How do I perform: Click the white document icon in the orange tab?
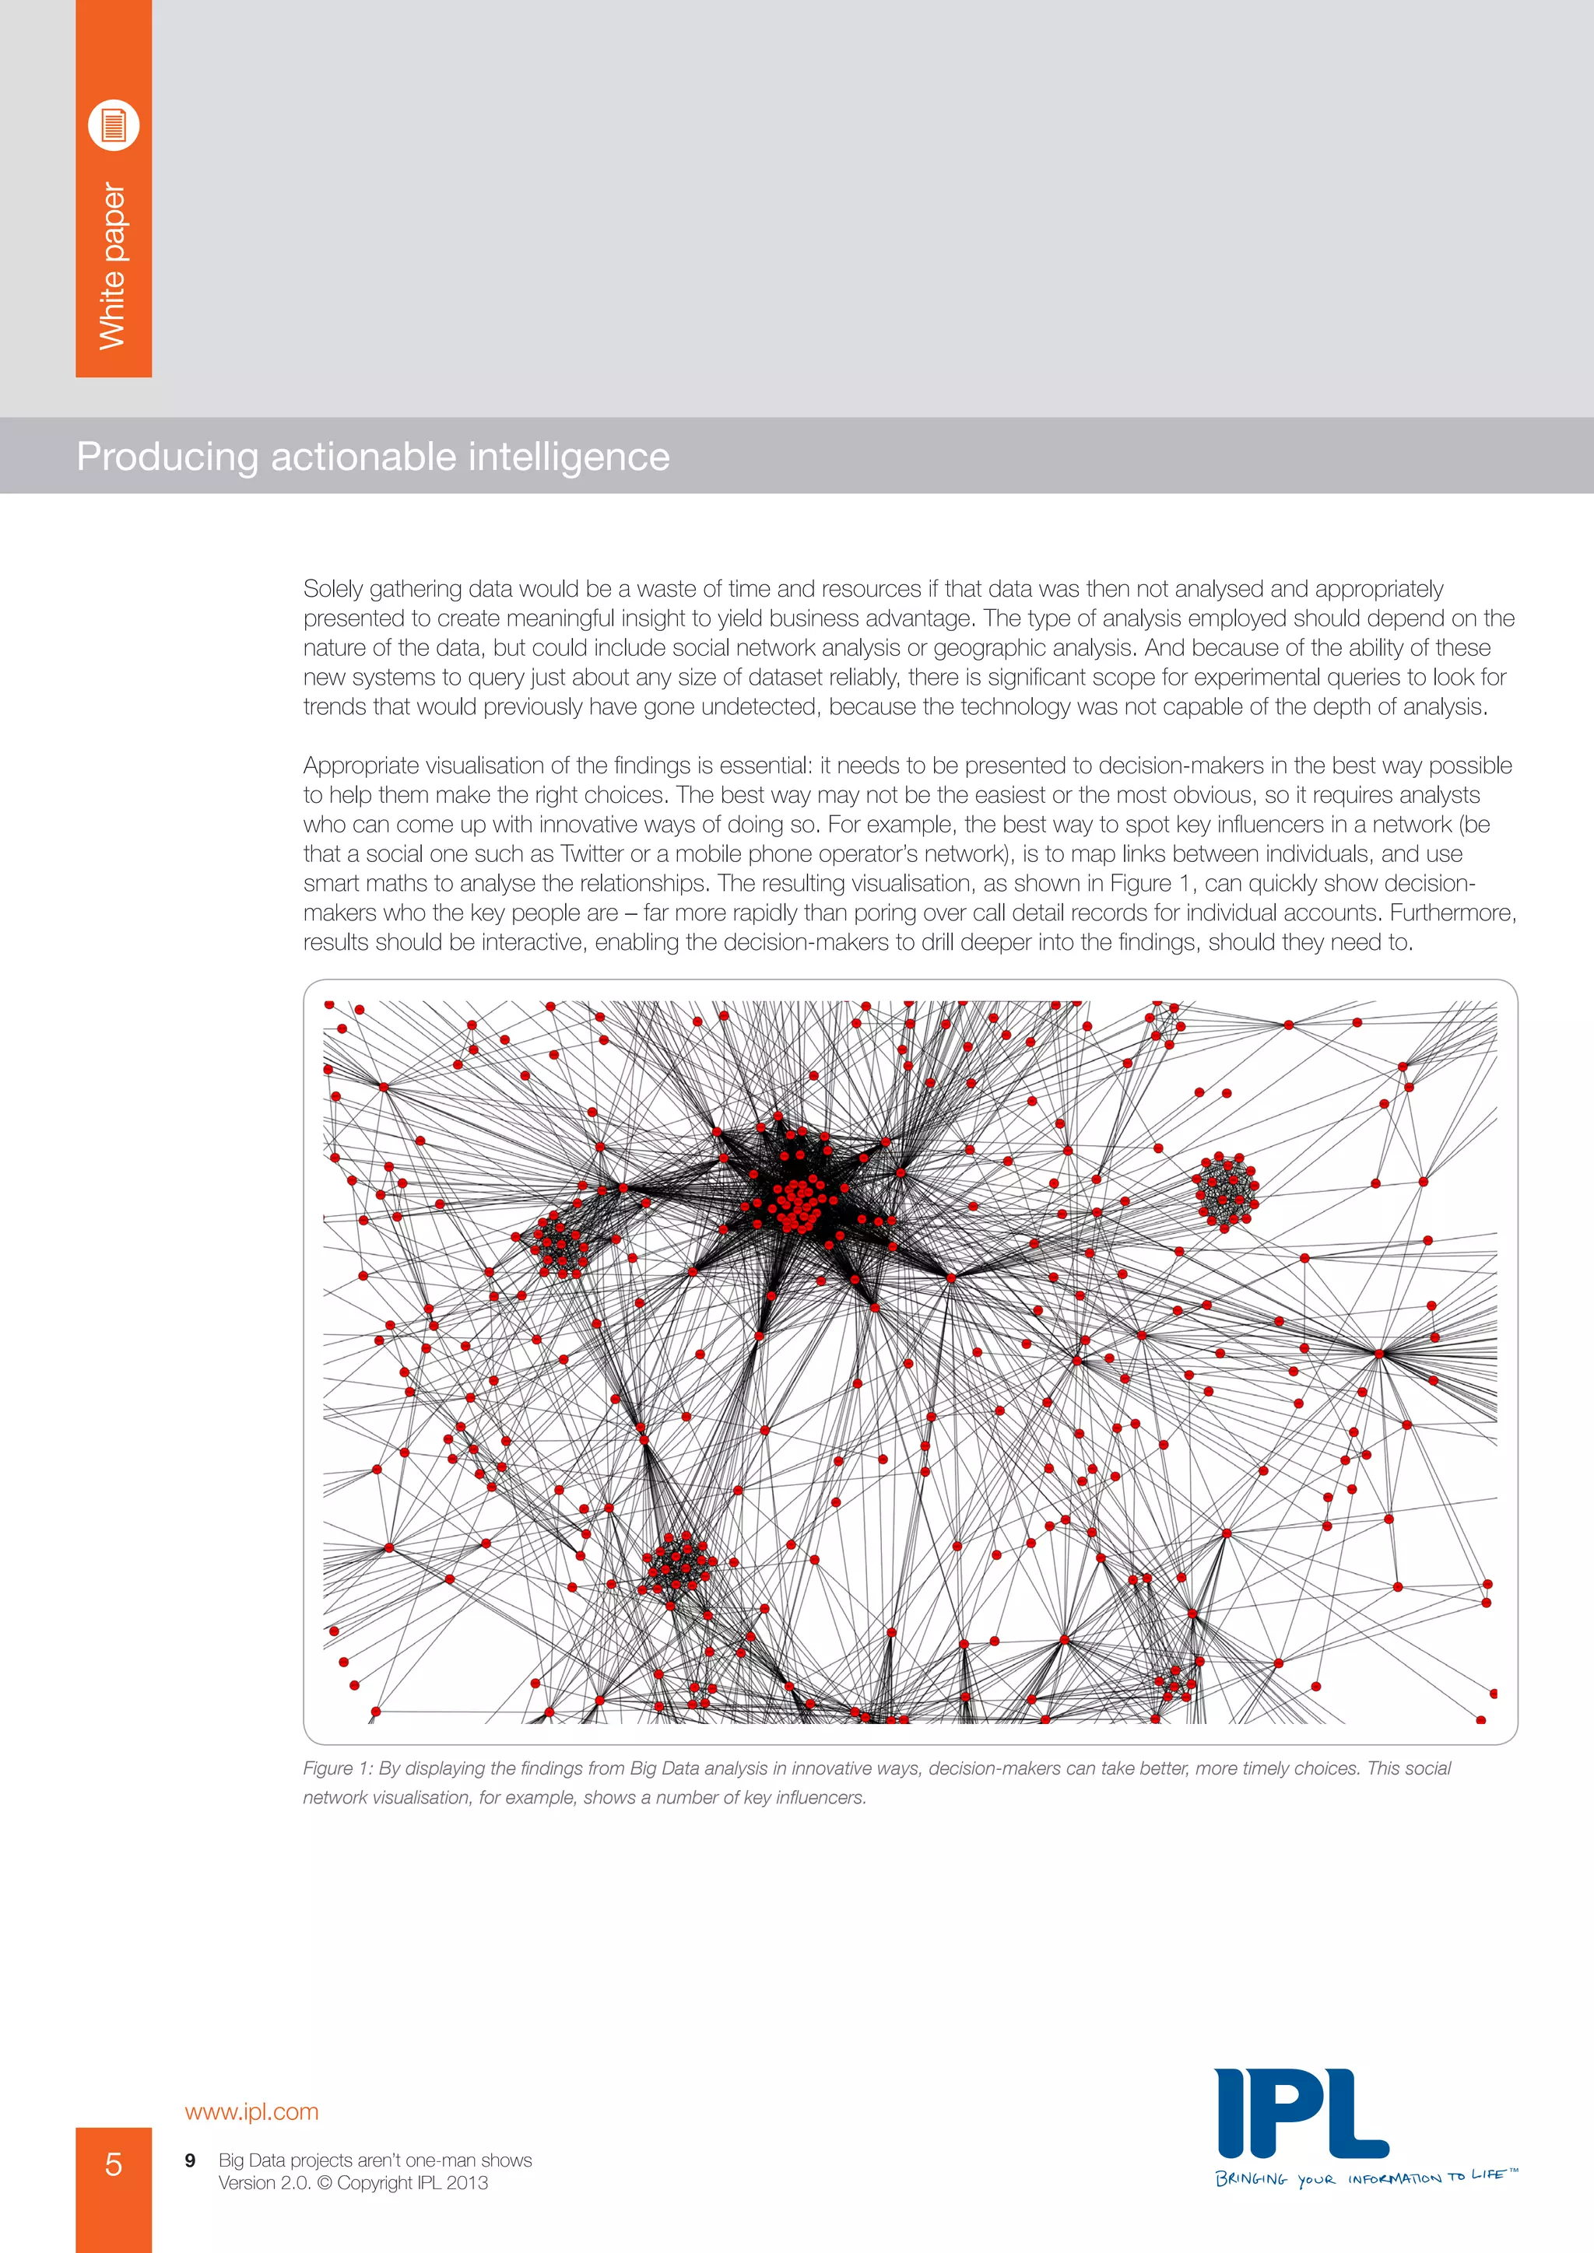(x=114, y=124)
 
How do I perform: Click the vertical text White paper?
(x=113, y=266)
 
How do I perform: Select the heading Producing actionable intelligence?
(x=373, y=457)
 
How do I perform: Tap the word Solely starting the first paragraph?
(x=333, y=589)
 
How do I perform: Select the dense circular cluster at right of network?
(x=1225, y=1190)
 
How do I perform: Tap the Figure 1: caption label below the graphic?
(x=338, y=1768)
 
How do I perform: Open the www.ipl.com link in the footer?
(x=251, y=2111)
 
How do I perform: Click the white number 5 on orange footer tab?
(x=114, y=2163)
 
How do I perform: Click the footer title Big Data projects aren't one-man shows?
(x=375, y=2160)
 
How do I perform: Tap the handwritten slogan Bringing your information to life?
(x=1365, y=2178)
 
